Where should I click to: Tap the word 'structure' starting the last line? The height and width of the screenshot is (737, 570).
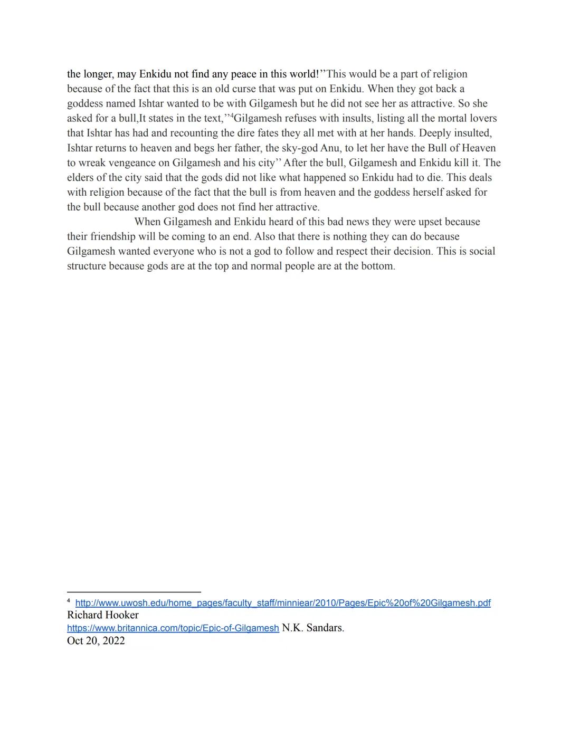click(87, 266)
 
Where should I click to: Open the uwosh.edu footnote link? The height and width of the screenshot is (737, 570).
click(283, 603)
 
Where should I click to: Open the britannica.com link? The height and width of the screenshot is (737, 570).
click(173, 628)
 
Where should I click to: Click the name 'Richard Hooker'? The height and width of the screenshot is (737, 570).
click(103, 615)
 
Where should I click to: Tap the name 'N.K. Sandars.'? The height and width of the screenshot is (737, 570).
click(313, 628)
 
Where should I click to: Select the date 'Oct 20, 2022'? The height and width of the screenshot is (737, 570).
click(96, 640)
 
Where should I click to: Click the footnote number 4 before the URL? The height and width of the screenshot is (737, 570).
click(69, 601)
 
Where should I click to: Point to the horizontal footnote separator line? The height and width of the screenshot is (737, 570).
click(134, 592)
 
